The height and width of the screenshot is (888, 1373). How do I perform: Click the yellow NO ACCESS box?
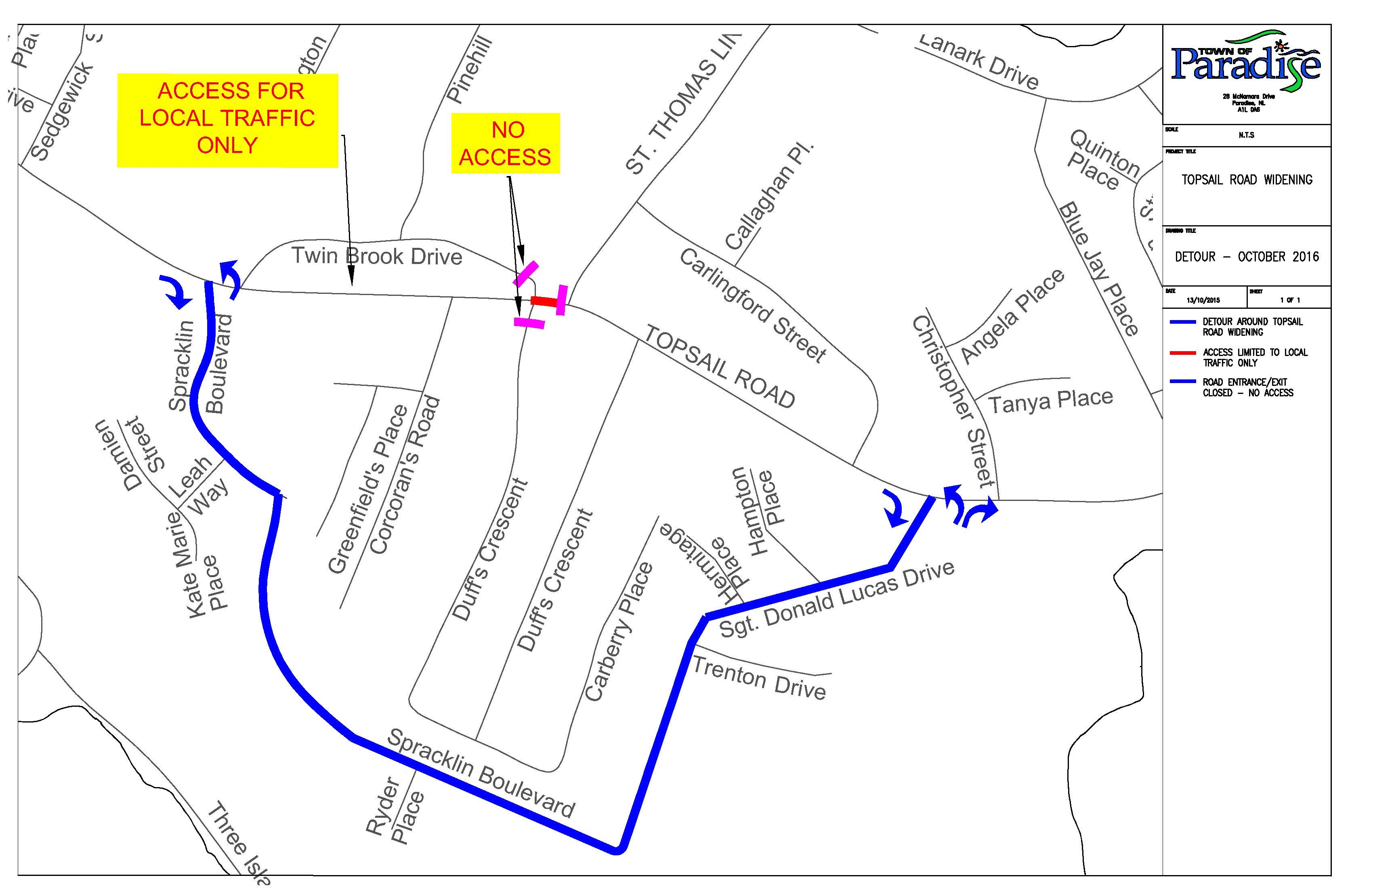tap(505, 143)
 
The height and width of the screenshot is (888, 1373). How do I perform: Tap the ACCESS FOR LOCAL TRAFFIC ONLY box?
tap(227, 119)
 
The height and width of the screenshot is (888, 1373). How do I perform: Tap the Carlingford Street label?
tap(752, 305)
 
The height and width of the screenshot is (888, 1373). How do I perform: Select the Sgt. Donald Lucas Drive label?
tap(836, 600)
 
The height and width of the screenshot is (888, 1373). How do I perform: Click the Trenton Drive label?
tap(759, 678)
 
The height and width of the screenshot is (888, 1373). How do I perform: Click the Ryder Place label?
tap(396, 810)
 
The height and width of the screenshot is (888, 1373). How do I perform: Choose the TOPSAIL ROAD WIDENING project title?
tap(1246, 180)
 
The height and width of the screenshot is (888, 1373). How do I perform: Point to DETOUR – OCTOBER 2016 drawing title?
tap(1246, 257)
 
